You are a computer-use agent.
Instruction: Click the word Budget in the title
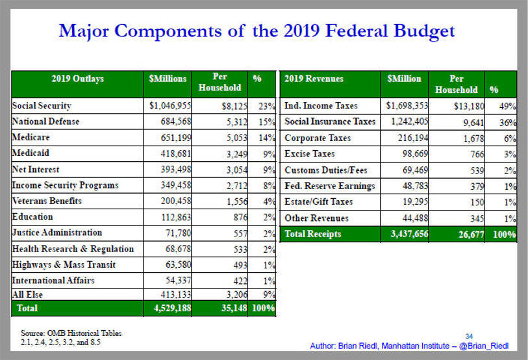coord(423,32)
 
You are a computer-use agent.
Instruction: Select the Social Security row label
coord(42,106)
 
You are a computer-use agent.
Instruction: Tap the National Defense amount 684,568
coord(176,122)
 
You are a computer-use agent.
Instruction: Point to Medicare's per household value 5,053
coord(237,138)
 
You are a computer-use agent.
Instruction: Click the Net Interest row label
coord(36,169)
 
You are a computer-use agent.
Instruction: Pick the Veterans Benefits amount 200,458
coord(176,201)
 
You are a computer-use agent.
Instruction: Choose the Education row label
coord(32,216)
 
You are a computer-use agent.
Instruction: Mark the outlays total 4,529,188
coord(172,308)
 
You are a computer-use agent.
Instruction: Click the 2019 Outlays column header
coord(78,79)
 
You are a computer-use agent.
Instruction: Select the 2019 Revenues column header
coord(314,79)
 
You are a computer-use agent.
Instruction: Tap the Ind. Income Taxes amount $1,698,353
coord(407,106)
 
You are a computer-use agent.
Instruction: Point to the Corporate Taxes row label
coord(318,138)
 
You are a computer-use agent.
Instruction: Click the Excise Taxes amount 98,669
coord(415,154)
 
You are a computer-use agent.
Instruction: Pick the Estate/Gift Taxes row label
coord(318,201)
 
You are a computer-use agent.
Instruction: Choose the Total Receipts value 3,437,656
coord(409,234)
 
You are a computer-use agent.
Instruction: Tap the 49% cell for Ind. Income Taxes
coord(507,106)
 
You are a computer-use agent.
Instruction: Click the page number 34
coord(469,337)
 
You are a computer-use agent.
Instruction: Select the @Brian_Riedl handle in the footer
coord(484,346)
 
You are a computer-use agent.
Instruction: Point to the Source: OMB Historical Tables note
coord(71,333)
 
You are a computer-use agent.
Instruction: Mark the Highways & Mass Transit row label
coord(64,265)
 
